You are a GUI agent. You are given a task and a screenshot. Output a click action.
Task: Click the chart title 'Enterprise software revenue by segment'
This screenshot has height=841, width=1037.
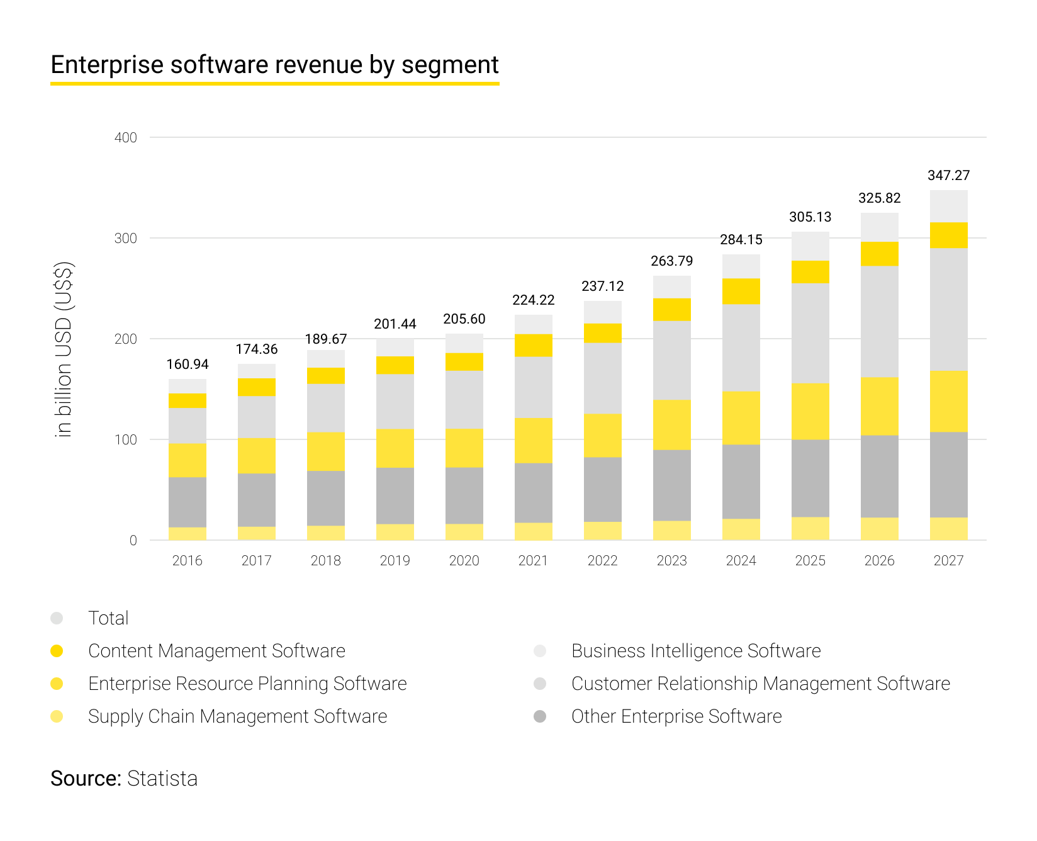[274, 65]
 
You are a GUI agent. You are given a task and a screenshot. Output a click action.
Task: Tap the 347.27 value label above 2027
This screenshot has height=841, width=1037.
[948, 176]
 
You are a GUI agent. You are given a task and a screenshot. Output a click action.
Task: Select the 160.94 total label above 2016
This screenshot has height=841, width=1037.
[188, 364]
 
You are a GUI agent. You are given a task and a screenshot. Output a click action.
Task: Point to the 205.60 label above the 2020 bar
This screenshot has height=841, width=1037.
[464, 319]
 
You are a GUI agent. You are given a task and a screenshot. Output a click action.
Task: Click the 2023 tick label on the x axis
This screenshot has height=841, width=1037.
[671, 561]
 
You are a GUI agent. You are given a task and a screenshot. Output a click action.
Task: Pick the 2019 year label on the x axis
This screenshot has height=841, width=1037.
[395, 561]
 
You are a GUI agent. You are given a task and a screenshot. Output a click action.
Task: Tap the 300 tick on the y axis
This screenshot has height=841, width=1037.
[126, 239]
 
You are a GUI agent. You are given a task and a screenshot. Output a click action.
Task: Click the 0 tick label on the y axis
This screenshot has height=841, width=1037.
[133, 541]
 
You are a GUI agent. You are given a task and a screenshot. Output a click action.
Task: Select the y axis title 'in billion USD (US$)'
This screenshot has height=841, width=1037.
[64, 349]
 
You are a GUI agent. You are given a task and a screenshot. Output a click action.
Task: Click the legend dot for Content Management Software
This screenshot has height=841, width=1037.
[57, 651]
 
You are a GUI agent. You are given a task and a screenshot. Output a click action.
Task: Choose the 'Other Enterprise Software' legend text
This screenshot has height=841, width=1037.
[676, 716]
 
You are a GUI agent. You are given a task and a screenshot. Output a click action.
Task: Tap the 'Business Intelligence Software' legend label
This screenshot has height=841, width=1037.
[696, 651]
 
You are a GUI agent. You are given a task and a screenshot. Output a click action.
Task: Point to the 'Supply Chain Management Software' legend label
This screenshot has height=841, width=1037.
[237, 716]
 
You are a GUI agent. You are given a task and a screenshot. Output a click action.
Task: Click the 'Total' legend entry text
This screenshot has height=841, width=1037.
[108, 618]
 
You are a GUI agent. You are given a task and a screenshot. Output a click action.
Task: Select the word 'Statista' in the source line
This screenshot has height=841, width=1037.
[162, 779]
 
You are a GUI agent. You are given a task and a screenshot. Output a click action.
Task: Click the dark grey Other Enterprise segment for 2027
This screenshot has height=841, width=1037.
[948, 475]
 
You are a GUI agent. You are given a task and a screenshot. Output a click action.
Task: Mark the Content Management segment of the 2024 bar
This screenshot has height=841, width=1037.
[741, 291]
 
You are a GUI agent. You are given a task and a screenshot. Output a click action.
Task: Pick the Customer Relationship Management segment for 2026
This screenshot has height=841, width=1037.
[879, 322]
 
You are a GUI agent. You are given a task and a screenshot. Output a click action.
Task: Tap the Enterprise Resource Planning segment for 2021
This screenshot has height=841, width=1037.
[533, 441]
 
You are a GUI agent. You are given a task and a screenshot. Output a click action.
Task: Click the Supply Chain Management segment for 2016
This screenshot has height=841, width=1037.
[188, 534]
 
